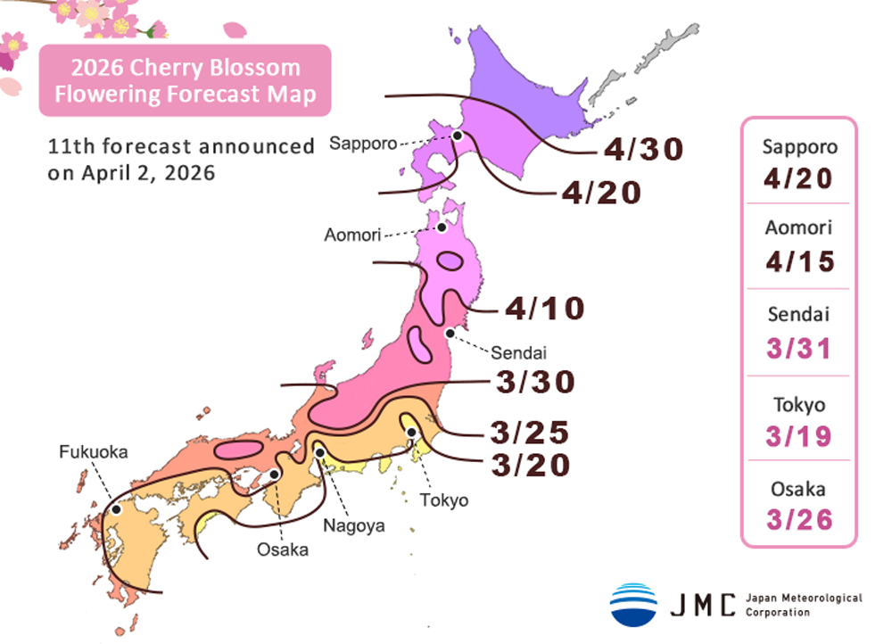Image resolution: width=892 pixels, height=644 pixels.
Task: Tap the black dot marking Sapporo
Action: [457, 136]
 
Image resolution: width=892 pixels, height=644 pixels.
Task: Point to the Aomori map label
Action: [353, 235]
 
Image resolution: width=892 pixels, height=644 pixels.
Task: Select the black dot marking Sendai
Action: [450, 333]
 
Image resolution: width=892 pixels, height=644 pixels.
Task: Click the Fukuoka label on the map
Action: [94, 452]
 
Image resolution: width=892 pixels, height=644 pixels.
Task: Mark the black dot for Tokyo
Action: [412, 433]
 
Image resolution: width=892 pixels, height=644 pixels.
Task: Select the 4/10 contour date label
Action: [544, 309]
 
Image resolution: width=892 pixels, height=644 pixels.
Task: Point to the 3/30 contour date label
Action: [534, 382]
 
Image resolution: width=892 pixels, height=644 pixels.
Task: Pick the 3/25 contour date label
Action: [529, 433]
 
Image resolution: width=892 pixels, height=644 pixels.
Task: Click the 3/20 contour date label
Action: [529, 466]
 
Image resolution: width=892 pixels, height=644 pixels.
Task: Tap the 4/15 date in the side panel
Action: [798, 261]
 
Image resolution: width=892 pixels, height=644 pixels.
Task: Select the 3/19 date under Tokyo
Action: [798, 436]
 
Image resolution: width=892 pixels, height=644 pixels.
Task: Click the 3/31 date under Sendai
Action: [798, 348]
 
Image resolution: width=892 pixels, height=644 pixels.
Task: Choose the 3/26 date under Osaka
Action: [798, 520]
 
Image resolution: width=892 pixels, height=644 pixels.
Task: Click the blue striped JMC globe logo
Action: [633, 604]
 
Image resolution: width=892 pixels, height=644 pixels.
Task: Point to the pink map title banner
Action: [185, 80]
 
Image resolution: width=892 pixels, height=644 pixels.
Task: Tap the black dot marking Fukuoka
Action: [116, 509]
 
